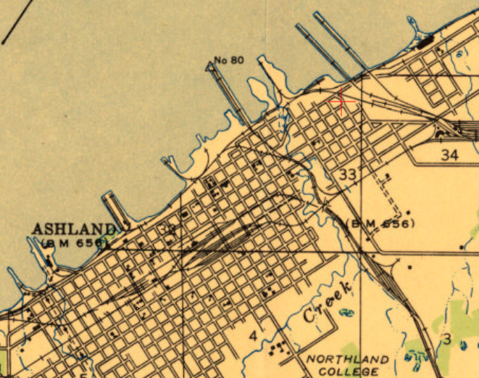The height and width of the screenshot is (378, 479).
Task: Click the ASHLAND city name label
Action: coord(73,229)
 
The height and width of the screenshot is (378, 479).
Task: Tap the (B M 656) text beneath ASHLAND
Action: coord(72,242)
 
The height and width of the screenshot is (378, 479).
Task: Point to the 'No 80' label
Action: coord(229,59)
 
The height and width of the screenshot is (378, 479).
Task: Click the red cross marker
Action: coord(342,102)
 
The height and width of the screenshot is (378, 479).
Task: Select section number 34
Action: coord(449,155)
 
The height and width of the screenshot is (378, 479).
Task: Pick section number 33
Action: coord(348,174)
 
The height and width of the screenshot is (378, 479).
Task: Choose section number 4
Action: coord(253,335)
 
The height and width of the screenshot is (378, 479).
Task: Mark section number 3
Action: coord(447,339)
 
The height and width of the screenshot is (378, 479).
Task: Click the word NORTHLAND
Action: coord(347,360)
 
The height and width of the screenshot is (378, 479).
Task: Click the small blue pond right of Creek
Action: coord(347,313)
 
